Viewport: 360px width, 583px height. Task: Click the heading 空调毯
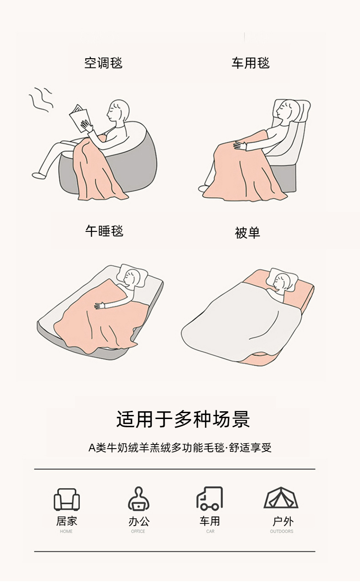(103, 63)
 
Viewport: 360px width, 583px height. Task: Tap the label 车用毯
(251, 63)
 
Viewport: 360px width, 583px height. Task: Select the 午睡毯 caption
(104, 231)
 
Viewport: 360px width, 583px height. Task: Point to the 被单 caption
(247, 233)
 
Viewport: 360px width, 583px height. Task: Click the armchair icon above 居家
(67, 499)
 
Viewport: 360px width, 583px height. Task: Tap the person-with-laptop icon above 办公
(139, 499)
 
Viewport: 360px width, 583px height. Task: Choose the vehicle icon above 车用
(210, 498)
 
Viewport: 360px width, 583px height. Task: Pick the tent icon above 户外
(281, 498)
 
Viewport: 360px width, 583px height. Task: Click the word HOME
(66, 531)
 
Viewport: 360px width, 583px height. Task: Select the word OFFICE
(138, 531)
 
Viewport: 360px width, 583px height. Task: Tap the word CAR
(210, 531)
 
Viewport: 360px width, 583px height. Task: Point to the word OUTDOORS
(282, 531)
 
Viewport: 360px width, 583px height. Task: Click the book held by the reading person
(79, 118)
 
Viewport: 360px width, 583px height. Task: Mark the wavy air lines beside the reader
(41, 100)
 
